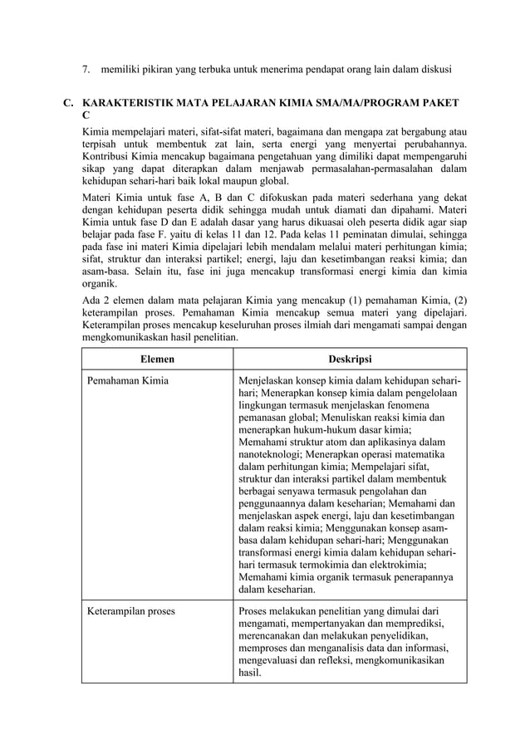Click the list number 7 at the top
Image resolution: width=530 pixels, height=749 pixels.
(84, 66)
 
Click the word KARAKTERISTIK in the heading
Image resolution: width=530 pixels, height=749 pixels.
(132, 102)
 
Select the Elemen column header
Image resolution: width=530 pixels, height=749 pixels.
(157, 359)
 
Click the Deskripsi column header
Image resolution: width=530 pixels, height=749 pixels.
(350, 359)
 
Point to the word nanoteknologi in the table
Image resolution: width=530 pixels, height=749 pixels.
(270, 455)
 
